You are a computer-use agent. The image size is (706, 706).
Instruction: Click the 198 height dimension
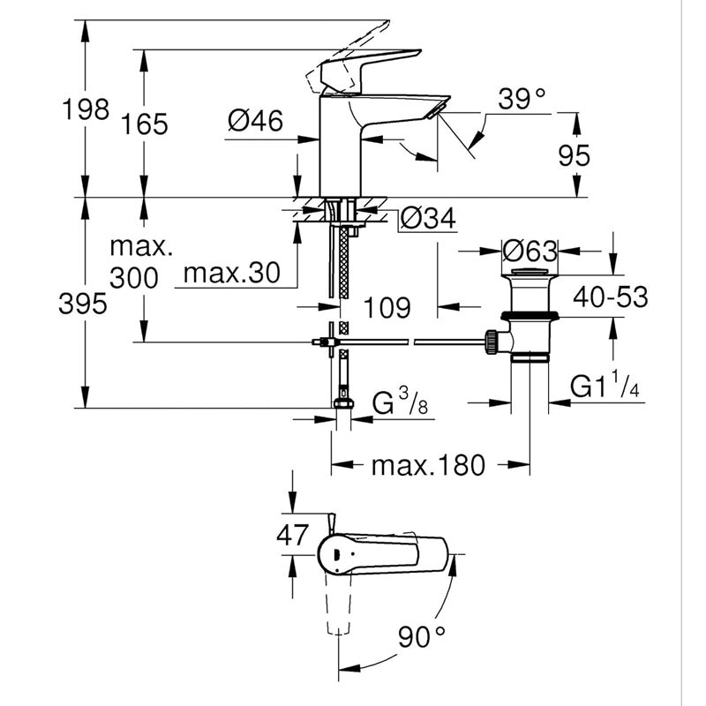point(84,110)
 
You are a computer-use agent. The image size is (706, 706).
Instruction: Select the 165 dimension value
point(146,124)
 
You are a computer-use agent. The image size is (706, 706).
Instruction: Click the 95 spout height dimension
point(574,155)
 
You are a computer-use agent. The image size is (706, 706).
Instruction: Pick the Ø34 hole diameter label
point(428,218)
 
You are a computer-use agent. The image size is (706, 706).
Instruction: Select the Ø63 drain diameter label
point(529,250)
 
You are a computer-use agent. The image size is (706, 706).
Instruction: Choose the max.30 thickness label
point(230,274)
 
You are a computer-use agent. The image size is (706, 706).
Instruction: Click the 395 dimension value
point(84,304)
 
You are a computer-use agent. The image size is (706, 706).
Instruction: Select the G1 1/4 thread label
point(605,388)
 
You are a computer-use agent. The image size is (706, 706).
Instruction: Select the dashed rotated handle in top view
point(337,609)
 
